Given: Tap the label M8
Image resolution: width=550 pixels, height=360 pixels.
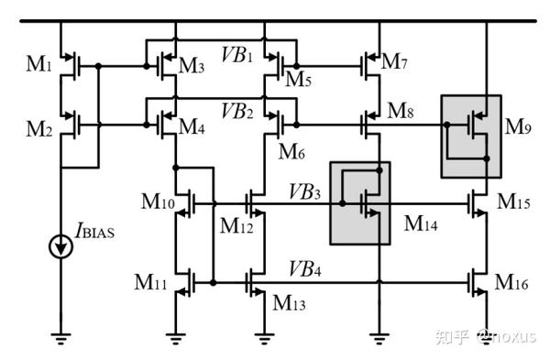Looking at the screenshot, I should tap(401, 111).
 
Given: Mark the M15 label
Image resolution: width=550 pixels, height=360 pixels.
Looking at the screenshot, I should tap(514, 199).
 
